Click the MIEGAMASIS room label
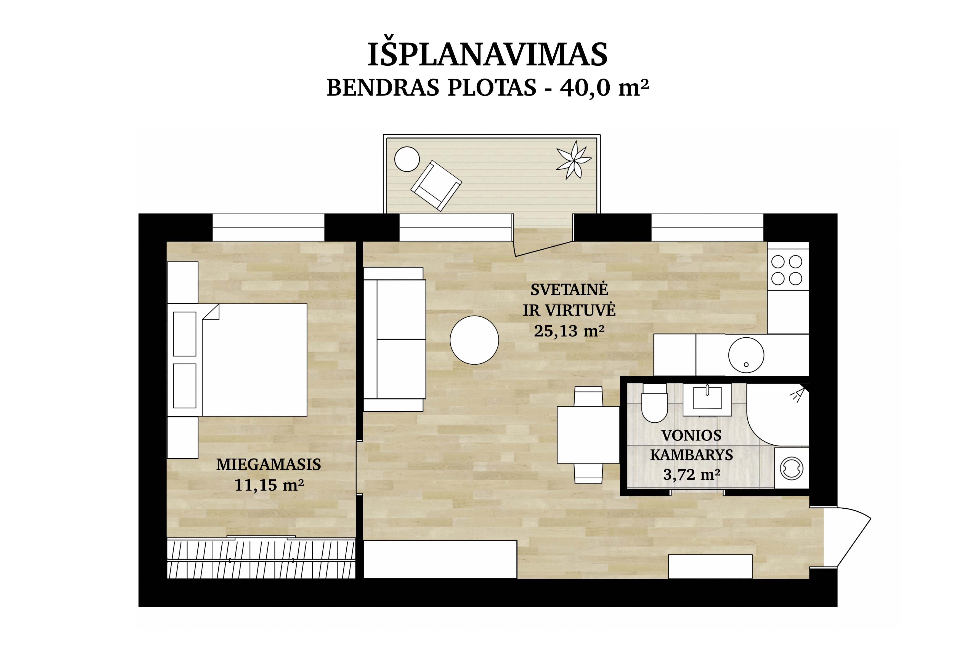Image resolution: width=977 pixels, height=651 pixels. click(x=269, y=464)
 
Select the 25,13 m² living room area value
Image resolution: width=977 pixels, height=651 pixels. click(x=569, y=331)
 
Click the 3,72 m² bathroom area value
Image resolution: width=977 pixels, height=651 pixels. click(x=692, y=474)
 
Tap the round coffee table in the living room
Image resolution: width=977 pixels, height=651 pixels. click(x=474, y=340)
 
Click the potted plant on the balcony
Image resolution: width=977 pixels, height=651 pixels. click(x=574, y=160)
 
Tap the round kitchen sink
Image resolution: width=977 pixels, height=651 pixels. click(x=746, y=355)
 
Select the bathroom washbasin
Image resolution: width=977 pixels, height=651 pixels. click(x=707, y=399)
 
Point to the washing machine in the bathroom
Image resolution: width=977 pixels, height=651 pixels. click(x=792, y=468)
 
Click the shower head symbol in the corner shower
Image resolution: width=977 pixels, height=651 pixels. click(x=798, y=395)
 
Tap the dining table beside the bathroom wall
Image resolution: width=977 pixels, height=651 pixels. click(x=588, y=435)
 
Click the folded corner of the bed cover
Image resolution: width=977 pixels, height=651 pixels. click(x=211, y=312)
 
